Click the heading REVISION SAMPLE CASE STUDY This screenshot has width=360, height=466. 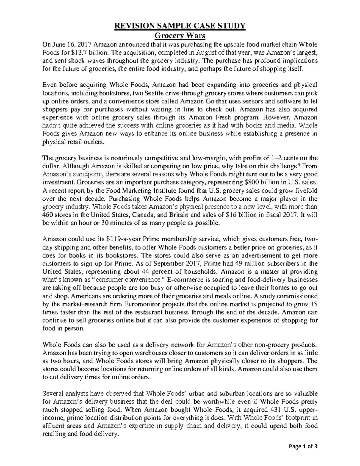coord(180,26)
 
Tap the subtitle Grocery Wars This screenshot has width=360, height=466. coord(180,36)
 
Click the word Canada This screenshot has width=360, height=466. coord(145,215)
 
